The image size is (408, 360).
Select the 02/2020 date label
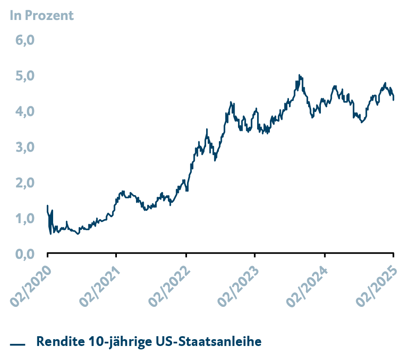30,285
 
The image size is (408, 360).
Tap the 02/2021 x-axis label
99,285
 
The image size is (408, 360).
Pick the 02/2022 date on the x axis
169,285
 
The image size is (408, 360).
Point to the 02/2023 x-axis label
238,285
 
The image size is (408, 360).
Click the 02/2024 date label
307,285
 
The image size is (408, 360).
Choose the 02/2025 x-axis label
377,285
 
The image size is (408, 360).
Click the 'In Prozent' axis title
42,16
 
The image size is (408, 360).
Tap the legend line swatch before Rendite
18,344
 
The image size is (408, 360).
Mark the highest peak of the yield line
299,75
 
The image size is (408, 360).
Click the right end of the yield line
394,99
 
